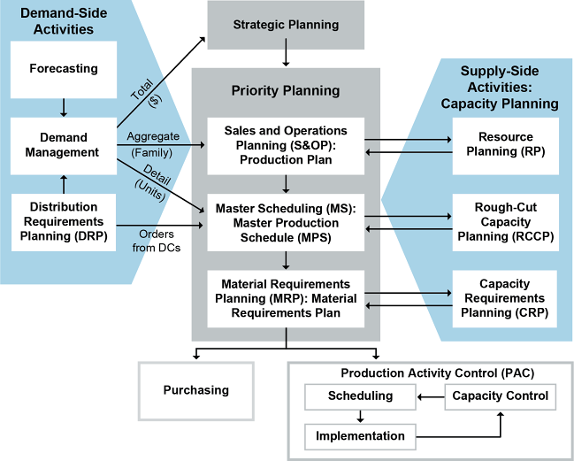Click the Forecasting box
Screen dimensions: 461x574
(64, 69)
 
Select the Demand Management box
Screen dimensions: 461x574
(64, 144)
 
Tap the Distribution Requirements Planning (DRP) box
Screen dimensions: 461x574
(64, 221)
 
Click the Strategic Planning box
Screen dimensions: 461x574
(286, 25)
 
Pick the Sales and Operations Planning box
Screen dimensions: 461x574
(286, 145)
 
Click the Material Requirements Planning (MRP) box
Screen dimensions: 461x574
(286, 299)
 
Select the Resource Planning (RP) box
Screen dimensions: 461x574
(505, 144)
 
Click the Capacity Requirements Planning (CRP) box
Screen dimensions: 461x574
(505, 298)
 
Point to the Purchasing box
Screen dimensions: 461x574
(196, 390)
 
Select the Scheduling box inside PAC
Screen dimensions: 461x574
(360, 396)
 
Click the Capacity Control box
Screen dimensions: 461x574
(500, 396)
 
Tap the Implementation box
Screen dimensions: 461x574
(360, 435)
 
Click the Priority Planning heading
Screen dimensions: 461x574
(286, 90)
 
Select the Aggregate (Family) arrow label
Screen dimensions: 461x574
(153, 143)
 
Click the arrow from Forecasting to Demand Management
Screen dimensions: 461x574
(64, 107)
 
